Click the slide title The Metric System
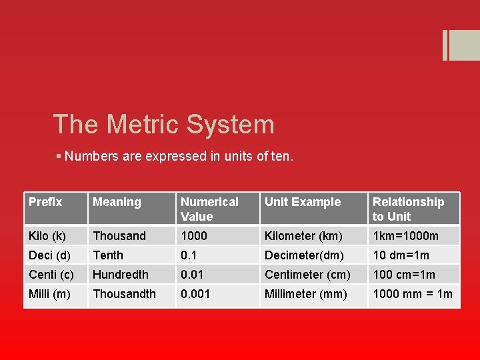(163, 125)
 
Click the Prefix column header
(45, 202)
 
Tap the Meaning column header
(117, 202)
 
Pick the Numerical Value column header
(209, 209)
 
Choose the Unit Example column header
(303, 202)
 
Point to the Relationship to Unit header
(408, 209)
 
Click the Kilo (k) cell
(47, 236)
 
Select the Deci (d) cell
(49, 255)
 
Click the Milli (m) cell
(49, 294)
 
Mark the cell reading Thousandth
(124, 294)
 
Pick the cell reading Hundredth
(121, 275)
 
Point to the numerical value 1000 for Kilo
(194, 236)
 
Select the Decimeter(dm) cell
(304, 255)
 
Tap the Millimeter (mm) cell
(306, 294)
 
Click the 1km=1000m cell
(405, 236)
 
